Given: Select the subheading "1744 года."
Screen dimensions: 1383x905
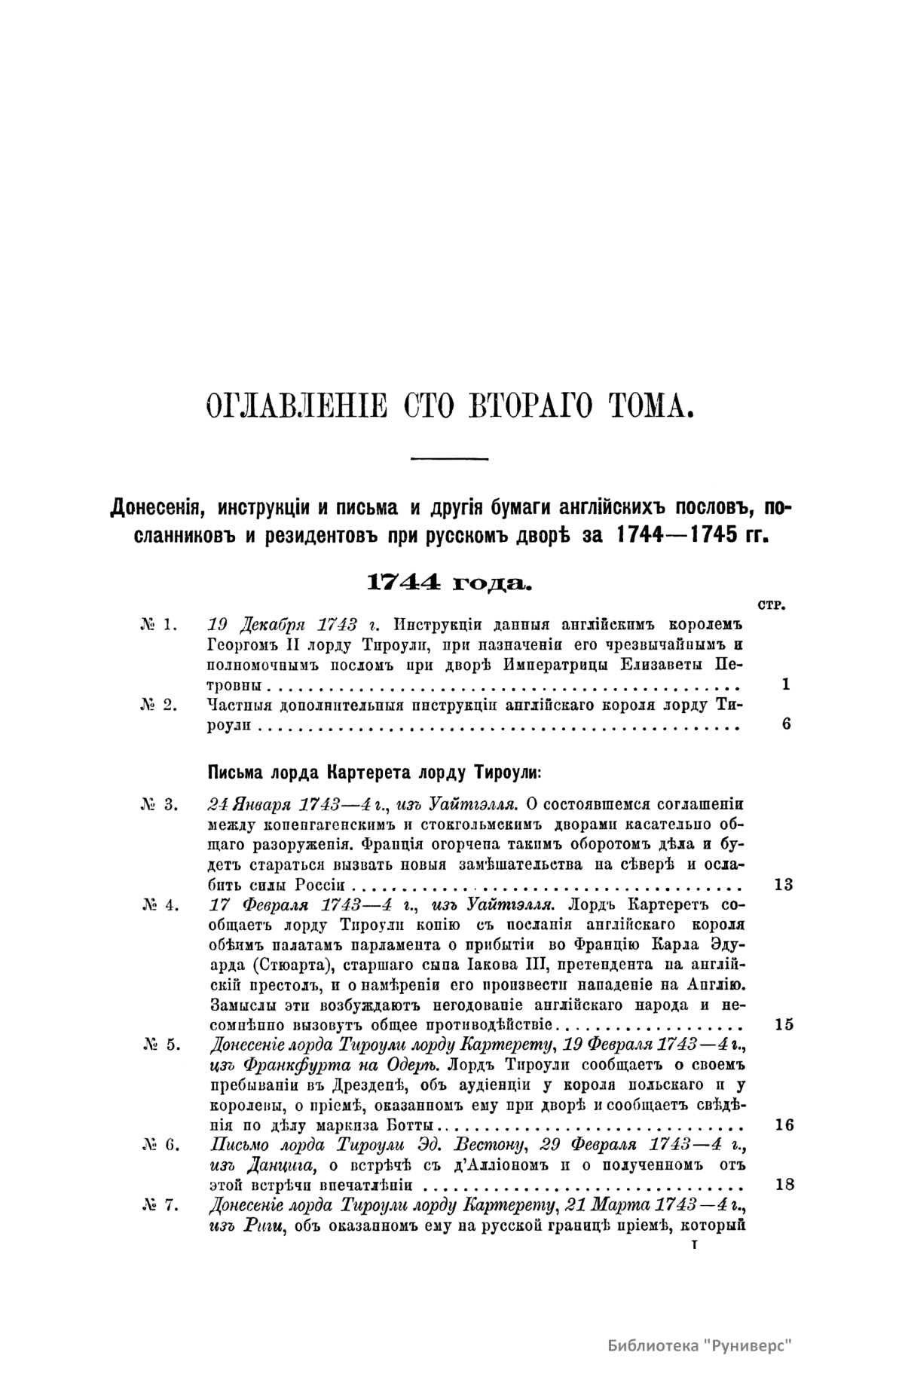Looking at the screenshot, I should [449, 583].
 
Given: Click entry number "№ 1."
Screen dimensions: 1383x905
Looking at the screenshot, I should [158, 624].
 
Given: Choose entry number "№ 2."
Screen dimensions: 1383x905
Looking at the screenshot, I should [158, 705].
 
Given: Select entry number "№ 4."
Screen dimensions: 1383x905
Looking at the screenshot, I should [158, 904].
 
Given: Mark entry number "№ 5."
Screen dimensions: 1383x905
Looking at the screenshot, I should [158, 1045].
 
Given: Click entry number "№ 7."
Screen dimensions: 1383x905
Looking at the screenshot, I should [158, 1205].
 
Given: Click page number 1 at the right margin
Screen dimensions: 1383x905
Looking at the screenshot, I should [786, 685].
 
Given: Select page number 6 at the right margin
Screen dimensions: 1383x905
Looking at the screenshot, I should [786, 726].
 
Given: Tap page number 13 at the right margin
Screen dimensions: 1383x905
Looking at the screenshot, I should [784, 885].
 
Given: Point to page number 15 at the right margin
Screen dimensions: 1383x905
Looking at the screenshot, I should [784, 1025].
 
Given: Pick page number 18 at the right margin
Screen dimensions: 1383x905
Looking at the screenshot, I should [784, 1185].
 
